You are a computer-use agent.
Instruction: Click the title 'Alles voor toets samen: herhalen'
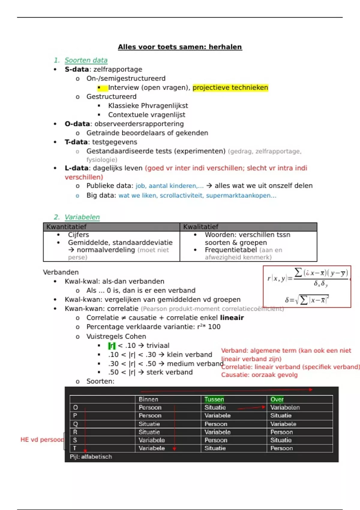[180, 47]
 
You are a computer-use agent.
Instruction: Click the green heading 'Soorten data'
[86, 60]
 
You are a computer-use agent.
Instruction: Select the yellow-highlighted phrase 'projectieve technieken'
[230, 88]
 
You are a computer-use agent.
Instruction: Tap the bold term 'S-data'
[76, 69]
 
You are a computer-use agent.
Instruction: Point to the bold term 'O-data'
[77, 124]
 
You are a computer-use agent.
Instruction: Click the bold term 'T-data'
[76, 142]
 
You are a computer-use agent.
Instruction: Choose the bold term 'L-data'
[76, 168]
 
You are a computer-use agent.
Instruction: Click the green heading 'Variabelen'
[82, 217]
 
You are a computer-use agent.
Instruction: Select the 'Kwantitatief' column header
[66, 227]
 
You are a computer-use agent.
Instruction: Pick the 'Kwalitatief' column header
[201, 227]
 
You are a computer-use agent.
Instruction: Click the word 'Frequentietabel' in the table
[231, 250]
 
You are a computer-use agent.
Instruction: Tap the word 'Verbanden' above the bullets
[61, 272]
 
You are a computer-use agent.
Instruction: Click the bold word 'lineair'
[232, 318]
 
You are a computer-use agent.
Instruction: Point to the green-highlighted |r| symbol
[112, 346]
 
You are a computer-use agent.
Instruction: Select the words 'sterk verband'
[169, 372]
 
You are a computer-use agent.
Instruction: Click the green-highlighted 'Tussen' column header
[214, 399]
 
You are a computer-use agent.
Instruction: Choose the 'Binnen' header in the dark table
[148, 399]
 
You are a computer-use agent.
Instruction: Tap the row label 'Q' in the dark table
[75, 424]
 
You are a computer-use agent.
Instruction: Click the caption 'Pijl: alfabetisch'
[91, 457]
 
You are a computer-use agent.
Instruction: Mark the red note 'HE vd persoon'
[42, 440]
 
